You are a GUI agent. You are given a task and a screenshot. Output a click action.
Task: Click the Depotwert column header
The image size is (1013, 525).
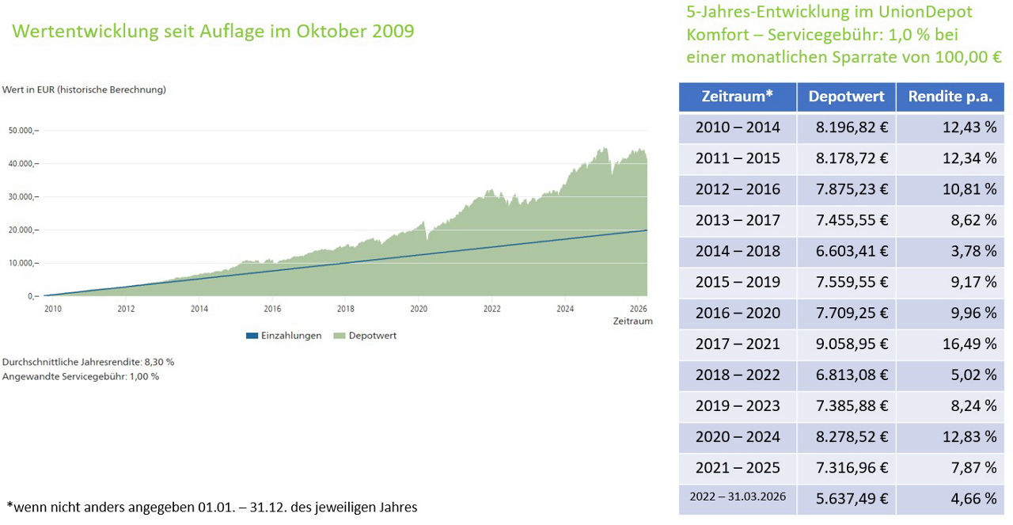[x=846, y=97]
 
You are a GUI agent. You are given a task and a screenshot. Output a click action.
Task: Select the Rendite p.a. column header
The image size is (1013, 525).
[x=950, y=97]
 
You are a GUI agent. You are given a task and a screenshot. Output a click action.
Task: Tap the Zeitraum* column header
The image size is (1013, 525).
[x=737, y=97]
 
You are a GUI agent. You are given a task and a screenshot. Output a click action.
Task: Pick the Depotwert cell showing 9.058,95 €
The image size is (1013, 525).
[x=846, y=344]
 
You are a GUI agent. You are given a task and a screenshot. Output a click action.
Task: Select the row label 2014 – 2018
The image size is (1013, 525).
[x=737, y=251]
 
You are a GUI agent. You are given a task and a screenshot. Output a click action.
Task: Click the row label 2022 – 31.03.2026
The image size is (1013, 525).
[x=737, y=498]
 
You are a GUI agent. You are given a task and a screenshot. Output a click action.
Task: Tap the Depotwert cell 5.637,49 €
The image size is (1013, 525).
[x=846, y=498]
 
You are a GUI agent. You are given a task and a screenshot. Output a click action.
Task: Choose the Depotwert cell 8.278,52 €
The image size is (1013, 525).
[x=846, y=436]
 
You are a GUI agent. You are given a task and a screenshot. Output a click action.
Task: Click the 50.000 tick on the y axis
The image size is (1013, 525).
[x=23, y=130]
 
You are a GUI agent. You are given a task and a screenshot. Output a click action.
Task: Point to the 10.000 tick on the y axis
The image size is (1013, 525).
[x=23, y=263]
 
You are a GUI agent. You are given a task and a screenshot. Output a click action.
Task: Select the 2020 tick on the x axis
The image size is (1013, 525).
[x=419, y=309]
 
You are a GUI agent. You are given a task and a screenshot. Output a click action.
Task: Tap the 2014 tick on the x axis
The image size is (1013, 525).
[x=199, y=309]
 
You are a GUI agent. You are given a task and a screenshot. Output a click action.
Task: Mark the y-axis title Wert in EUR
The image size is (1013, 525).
[x=84, y=89]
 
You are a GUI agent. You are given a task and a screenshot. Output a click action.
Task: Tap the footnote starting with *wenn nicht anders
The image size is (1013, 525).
[x=211, y=507]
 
